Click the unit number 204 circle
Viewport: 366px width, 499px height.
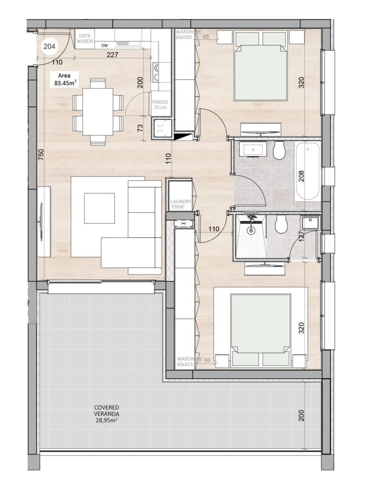coord(49,46)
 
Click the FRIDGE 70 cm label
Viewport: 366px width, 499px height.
coord(160,105)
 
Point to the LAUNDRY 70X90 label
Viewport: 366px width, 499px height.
coord(181,204)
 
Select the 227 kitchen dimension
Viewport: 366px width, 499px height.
coord(112,55)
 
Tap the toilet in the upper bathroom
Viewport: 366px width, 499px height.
coord(280,151)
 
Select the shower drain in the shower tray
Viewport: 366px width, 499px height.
coord(251,230)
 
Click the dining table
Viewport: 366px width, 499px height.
coord(98,112)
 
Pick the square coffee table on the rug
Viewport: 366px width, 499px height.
coord(99,208)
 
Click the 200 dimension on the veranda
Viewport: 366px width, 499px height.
coord(301,416)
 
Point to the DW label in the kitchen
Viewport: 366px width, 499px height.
coord(104,46)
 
